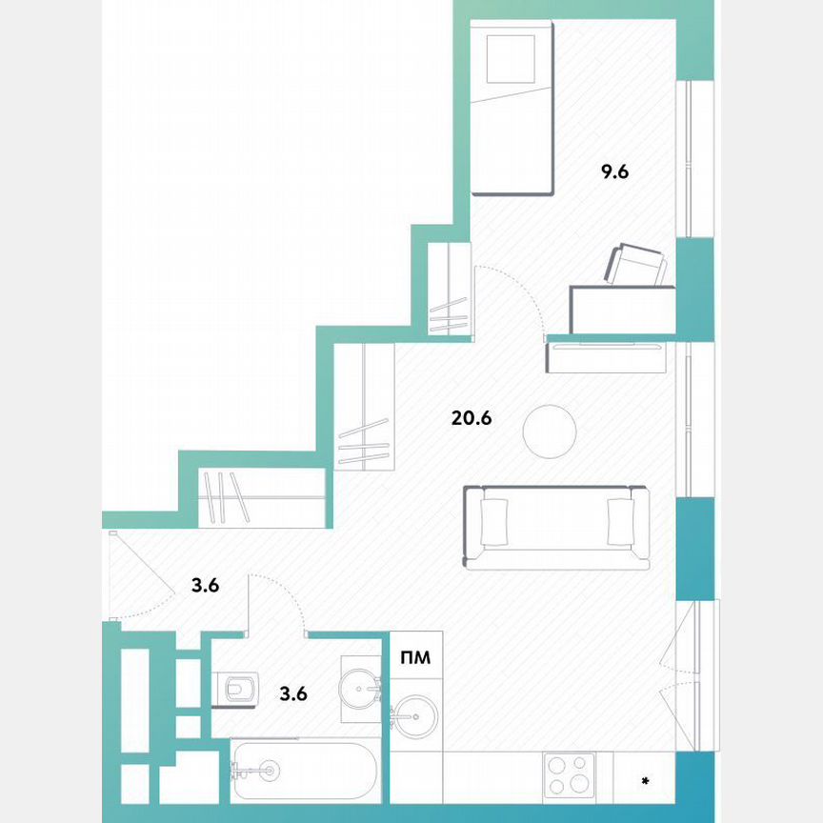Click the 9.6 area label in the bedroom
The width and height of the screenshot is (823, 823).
(615, 172)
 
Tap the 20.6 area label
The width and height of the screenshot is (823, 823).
(471, 417)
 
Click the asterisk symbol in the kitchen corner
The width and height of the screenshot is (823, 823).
(645, 783)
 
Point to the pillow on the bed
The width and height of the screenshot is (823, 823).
(511, 59)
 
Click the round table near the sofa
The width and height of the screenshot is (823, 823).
(550, 432)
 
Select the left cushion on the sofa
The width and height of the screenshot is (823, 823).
(494, 522)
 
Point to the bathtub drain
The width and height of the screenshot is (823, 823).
(270, 770)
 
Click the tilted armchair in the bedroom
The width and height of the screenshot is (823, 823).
(636, 265)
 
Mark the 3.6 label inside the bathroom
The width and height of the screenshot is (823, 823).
(293, 693)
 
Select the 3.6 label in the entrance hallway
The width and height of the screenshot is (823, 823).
(206, 586)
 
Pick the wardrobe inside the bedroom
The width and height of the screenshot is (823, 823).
(449, 291)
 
